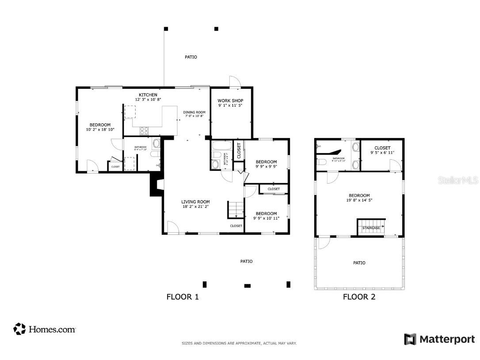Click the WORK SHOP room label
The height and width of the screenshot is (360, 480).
pyautogui.click(x=230, y=100)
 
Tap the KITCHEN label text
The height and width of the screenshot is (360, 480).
pyautogui.click(x=148, y=95)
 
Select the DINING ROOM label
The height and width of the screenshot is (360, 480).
pyautogui.click(x=194, y=112)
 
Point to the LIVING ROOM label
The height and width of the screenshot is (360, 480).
pyautogui.click(x=195, y=202)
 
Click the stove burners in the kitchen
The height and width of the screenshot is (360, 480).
pyautogui.click(x=145, y=130)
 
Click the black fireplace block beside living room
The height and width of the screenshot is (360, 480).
pyautogui.click(x=155, y=184)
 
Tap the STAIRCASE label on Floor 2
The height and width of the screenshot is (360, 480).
pyautogui.click(x=371, y=228)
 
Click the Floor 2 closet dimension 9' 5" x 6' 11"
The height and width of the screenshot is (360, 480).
pyautogui.click(x=382, y=153)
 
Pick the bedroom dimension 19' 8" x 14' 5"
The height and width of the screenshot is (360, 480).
pyautogui.click(x=359, y=200)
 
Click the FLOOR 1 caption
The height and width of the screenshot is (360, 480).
pyautogui.click(x=183, y=297)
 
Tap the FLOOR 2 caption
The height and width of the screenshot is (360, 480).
pyautogui.click(x=359, y=297)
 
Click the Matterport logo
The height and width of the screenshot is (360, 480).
pyautogui.click(x=439, y=339)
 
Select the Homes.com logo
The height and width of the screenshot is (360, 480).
pyautogui.click(x=45, y=329)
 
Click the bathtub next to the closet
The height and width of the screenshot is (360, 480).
pyautogui.click(x=221, y=146)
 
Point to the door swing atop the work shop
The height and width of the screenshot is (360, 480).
pyautogui.click(x=235, y=82)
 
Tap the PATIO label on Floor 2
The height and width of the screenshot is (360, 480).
pyautogui.click(x=359, y=263)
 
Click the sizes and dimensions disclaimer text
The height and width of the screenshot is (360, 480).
pyautogui.click(x=239, y=343)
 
